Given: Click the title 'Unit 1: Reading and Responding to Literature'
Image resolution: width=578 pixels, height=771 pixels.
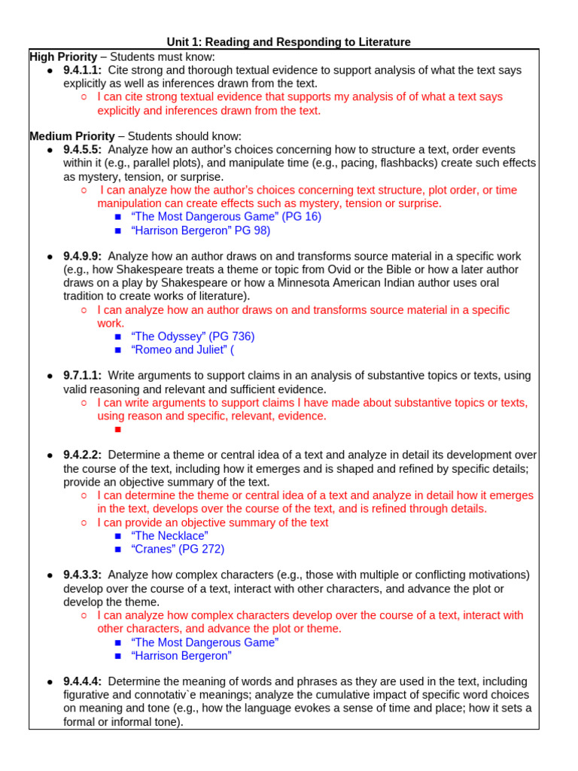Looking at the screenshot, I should point(288,42).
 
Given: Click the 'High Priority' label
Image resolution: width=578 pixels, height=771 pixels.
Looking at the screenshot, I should point(63,56).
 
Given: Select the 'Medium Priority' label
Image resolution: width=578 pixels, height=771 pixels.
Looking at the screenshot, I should point(72,136).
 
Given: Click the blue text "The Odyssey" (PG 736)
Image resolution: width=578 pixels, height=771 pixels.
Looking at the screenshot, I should point(193,337).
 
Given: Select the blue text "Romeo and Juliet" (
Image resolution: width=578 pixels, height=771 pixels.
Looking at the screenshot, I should point(183,350).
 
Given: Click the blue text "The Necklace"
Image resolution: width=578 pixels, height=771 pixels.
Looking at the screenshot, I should point(169,535).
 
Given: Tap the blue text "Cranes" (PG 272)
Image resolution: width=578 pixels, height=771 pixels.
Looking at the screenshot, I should point(178,549).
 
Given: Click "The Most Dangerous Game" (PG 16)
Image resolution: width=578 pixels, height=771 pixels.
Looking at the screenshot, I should point(226,217).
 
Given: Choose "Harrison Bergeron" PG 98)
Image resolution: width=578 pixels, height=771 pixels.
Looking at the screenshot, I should point(200,230).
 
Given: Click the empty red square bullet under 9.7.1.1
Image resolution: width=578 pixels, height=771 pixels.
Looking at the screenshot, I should point(117,430).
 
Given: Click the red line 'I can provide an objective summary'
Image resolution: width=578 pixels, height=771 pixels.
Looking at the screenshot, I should point(213,523).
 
